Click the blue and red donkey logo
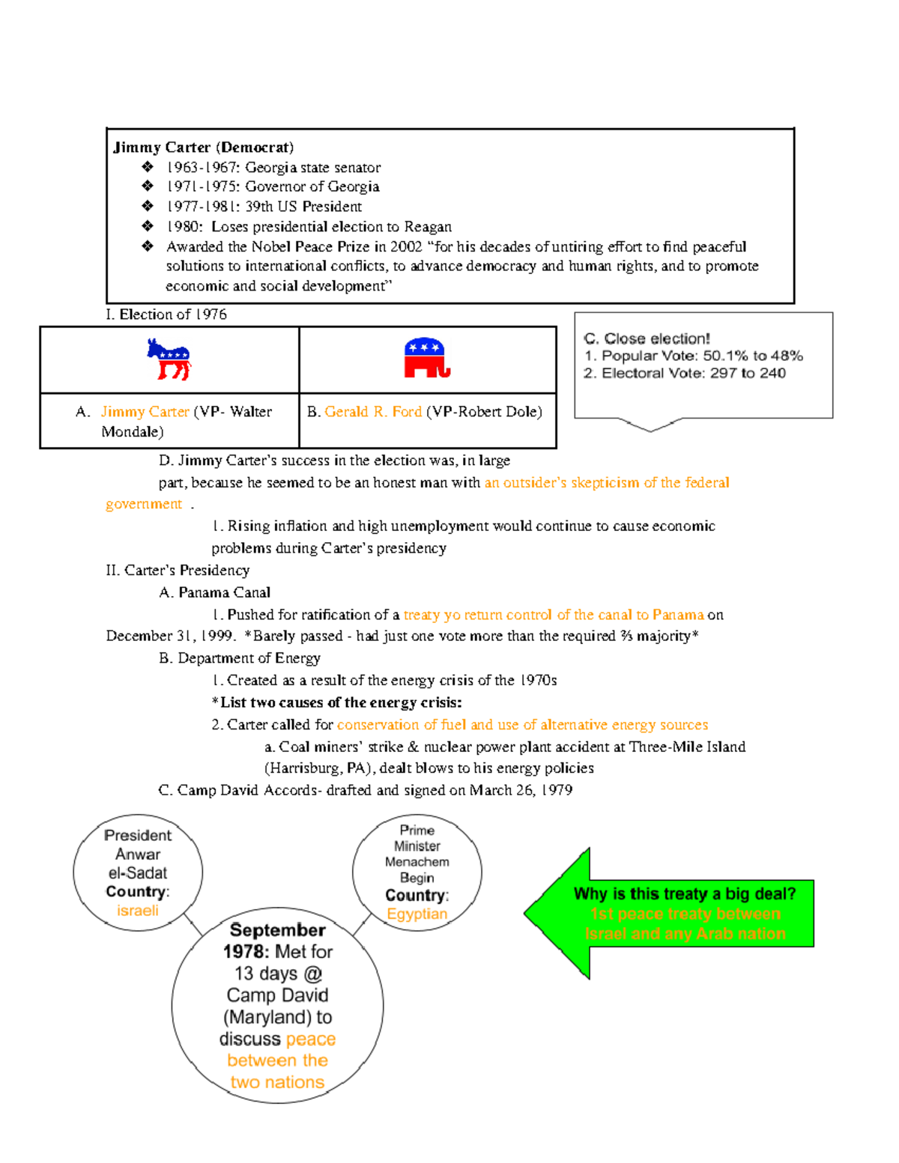[169, 359]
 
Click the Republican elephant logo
[426, 358]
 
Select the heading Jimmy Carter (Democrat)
[203, 147]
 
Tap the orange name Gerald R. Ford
[373, 411]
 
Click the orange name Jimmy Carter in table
[145, 411]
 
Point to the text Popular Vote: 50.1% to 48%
[702, 356]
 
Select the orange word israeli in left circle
[138, 911]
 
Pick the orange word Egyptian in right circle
[417, 914]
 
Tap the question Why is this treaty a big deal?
[685, 893]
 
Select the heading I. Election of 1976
[166, 315]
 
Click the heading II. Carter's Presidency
[178, 570]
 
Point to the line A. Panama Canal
[215, 592]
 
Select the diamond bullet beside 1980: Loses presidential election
[148, 226]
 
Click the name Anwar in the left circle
[138, 854]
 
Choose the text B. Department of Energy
[240, 658]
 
